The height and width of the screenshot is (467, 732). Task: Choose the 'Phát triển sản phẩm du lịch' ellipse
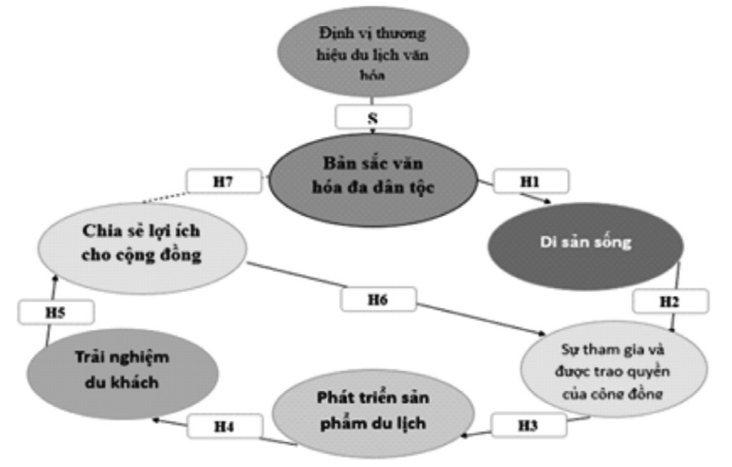coord(371,411)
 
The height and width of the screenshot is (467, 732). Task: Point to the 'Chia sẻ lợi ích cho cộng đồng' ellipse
coord(143,245)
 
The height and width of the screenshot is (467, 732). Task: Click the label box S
coord(373,117)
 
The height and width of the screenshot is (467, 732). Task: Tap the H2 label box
coord(670,302)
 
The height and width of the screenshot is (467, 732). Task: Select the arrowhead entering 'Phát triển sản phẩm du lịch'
coord(463,434)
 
